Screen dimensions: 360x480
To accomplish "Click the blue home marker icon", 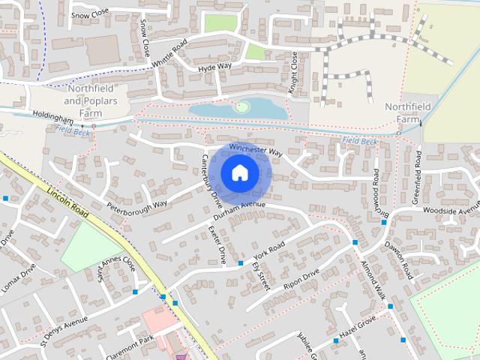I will (x=239, y=172).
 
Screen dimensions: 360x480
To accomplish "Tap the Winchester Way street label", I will (x=256, y=150).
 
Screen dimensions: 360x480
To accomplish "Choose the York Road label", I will (x=268, y=248).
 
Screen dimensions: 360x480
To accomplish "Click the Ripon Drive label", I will (x=301, y=278).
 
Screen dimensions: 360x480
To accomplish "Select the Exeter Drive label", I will (x=217, y=244).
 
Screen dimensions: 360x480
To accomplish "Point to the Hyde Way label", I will (x=214, y=67).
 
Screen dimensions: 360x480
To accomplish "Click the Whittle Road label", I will (x=169, y=55).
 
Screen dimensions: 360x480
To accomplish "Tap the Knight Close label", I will (x=294, y=73).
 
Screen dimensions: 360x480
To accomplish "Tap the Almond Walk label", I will (x=373, y=281).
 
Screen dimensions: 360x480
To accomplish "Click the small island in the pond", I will (x=241, y=106).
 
